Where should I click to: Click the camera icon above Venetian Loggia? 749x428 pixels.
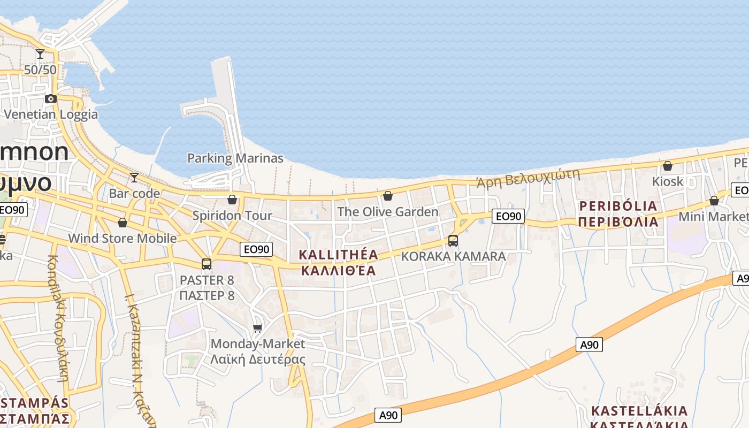coord(51,98)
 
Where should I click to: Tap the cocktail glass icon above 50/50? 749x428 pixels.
coord(40,54)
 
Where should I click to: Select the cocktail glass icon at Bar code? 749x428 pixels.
coord(134,177)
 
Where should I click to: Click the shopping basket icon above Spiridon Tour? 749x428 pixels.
coord(232,200)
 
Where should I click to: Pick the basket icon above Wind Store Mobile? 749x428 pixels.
coord(123,223)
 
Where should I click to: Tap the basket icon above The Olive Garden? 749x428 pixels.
coord(388,196)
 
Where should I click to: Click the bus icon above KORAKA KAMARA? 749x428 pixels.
coord(453,241)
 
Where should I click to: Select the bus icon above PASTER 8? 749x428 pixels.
coord(207,264)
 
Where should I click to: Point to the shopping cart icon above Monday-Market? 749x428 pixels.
coord(258,327)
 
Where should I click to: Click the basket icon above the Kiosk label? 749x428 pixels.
coord(668,166)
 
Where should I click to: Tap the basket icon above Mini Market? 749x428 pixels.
coord(714,201)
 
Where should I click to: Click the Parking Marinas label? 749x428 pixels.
coord(235,158)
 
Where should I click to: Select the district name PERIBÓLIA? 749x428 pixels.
coord(618,206)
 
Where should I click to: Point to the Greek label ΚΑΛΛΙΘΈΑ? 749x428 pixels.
coord(338,271)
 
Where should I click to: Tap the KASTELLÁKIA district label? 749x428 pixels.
coord(639,411)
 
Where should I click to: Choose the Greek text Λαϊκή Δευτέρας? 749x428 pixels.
coord(258,359)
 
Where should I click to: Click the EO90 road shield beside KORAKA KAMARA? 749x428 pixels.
coord(508,216)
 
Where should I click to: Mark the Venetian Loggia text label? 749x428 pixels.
coord(51,114)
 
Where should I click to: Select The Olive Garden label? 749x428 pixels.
coord(388,212)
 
